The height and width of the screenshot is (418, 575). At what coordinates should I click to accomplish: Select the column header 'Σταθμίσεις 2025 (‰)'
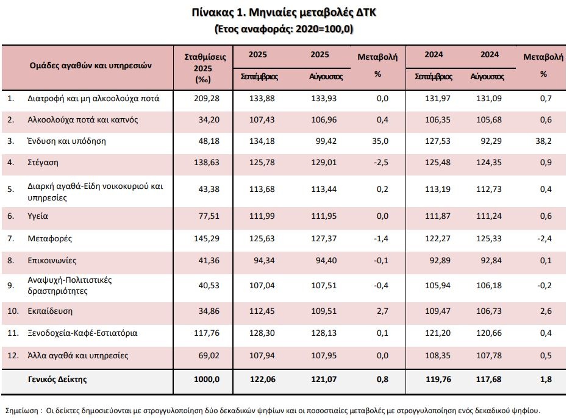[205, 67]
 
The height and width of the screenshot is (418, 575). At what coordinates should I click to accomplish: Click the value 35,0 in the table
[382, 141]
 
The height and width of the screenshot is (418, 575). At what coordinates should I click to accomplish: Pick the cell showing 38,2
[547, 141]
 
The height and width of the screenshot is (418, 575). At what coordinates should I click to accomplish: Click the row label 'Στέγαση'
[43, 162]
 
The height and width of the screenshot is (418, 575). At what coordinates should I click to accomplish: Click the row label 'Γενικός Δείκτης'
[57, 379]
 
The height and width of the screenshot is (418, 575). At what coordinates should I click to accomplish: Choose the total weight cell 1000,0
[207, 379]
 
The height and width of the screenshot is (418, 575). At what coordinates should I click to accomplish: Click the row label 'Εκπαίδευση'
[50, 311]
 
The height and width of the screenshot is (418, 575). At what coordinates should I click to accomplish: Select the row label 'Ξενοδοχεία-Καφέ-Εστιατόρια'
[82, 333]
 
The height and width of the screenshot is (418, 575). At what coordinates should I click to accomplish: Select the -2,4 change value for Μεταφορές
[546, 238]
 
